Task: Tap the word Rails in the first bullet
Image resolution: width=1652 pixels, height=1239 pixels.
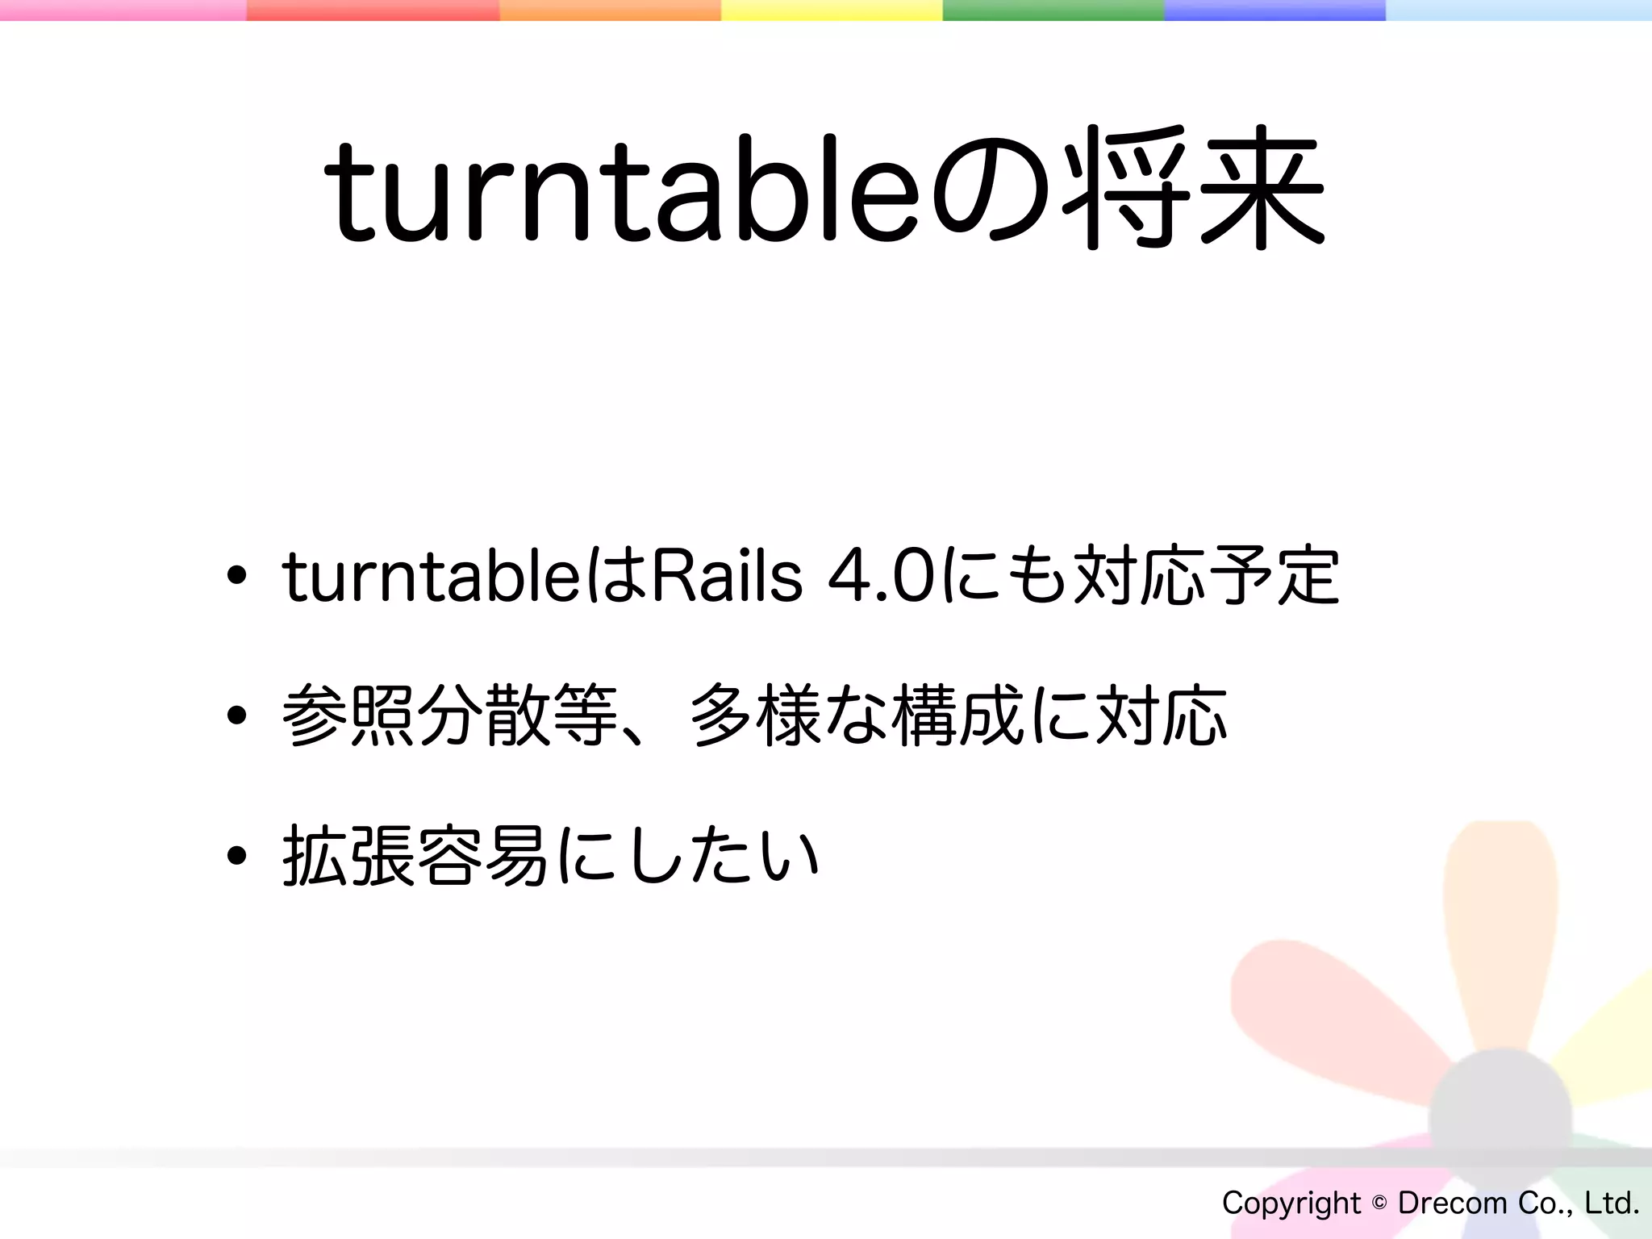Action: pos(726,576)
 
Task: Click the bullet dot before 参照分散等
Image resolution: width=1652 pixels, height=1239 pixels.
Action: pos(236,715)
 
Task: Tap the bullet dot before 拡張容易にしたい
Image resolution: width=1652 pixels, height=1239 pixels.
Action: pos(236,855)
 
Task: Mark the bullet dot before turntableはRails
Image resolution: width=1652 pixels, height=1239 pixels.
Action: pos(236,576)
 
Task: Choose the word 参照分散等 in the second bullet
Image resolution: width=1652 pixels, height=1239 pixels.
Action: pos(450,715)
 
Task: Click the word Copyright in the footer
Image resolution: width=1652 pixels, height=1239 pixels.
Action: pos(1291,1203)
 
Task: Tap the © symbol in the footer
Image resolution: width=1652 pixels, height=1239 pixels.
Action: pos(1379,1203)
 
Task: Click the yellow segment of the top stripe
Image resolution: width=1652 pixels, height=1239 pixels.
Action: pos(832,10)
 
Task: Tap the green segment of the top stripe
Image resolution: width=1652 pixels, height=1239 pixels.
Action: pos(1053,10)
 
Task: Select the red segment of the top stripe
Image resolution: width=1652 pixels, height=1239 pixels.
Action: pos(373,10)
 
